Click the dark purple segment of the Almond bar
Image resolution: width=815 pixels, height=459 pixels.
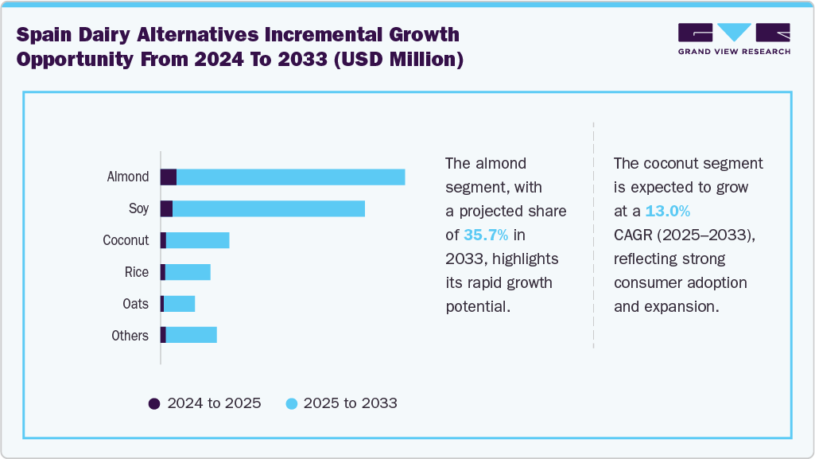tap(169, 177)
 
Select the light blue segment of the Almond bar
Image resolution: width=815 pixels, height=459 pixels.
tap(290, 177)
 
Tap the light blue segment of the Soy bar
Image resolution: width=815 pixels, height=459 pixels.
tap(269, 208)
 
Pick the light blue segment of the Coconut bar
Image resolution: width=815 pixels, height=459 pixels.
tap(197, 240)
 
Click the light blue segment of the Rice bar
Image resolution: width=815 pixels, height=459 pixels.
tap(188, 272)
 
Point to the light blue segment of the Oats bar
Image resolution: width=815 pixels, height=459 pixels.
tap(179, 304)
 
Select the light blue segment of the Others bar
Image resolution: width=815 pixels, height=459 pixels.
tap(191, 336)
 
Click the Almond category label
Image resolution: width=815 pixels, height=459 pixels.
tap(128, 177)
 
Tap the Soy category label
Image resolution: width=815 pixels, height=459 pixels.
tap(138, 208)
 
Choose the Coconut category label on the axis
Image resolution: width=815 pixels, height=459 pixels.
tap(126, 240)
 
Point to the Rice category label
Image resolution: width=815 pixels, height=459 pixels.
tap(137, 272)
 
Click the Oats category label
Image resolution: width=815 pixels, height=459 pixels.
tap(135, 304)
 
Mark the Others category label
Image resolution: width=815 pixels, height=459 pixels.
tap(130, 336)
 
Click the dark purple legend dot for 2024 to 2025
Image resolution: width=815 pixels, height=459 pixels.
tap(154, 403)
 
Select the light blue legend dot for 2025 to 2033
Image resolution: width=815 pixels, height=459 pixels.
tap(291, 403)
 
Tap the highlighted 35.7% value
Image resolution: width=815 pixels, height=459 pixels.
tap(485, 235)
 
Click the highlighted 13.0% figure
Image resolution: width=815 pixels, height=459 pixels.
tap(667, 212)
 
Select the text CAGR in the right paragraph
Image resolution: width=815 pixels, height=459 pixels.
tap(633, 235)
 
